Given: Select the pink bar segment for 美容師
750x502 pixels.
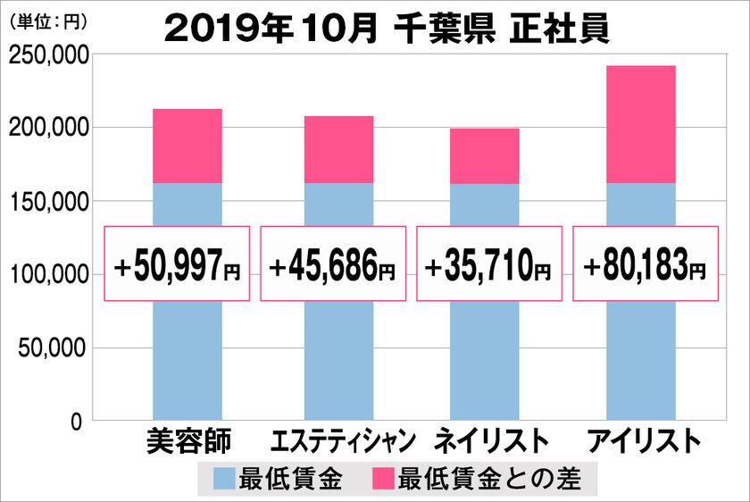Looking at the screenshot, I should [x=187, y=146].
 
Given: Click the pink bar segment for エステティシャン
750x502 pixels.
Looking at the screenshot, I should [x=338, y=150].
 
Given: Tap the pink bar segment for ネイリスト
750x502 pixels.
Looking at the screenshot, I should [x=484, y=156].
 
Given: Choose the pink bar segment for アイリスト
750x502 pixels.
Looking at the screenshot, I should [x=640, y=124].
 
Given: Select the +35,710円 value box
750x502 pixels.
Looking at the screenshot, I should [x=489, y=264].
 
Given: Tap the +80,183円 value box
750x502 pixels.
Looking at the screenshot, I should [x=645, y=264].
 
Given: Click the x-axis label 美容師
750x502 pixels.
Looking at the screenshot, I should [x=187, y=442].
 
